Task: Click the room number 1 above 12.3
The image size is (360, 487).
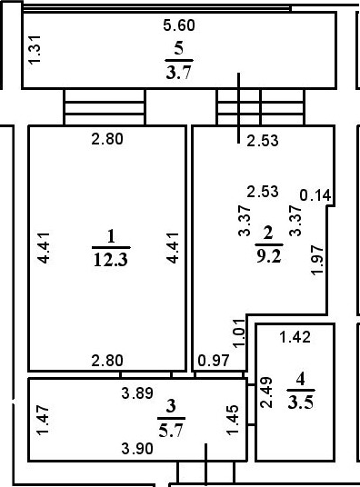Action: click(x=111, y=237)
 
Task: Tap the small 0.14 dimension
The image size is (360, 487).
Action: click(x=315, y=194)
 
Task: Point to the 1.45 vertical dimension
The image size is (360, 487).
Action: click(x=233, y=419)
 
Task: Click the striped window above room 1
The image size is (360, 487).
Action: click(x=104, y=109)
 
